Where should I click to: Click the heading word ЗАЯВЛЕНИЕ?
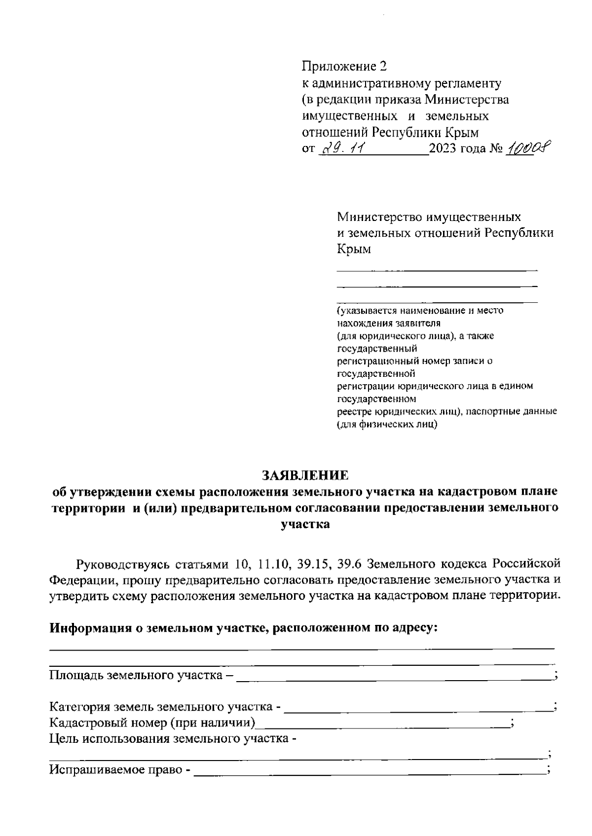(x=304, y=475)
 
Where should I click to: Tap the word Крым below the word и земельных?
(x=353, y=249)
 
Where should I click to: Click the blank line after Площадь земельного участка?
(x=395, y=676)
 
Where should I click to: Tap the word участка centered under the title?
(x=304, y=524)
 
